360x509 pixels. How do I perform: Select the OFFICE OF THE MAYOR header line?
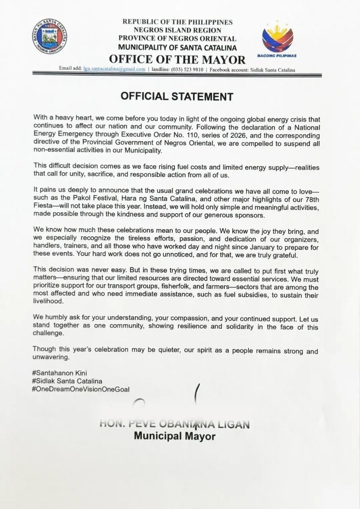tap(177, 59)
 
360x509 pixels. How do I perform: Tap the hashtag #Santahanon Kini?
tap(59, 373)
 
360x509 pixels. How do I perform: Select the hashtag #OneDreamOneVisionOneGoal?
tap(81, 389)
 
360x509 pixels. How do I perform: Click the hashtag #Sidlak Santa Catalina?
tap(68, 381)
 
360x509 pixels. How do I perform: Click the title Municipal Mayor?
tap(174, 436)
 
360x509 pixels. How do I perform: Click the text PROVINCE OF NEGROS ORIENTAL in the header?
tap(177, 39)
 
